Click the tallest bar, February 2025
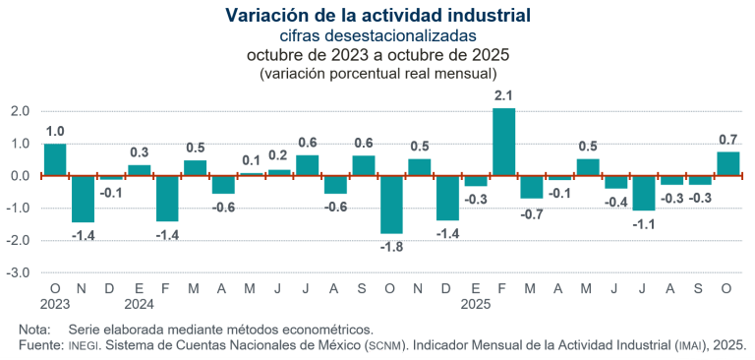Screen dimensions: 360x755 tap(503, 142)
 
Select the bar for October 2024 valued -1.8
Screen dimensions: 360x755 tap(391, 205)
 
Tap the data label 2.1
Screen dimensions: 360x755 tap(503, 94)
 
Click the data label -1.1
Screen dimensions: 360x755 tap(644, 224)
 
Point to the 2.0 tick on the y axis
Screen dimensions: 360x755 tap(20, 111)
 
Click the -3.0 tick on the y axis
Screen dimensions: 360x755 tap(19, 272)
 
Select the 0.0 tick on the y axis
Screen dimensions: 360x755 tap(20, 176)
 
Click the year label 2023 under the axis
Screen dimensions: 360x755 tap(55, 304)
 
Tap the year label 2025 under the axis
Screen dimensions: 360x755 tap(476, 304)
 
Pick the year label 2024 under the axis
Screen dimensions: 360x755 tap(140, 304)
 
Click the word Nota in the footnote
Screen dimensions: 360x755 tap(35, 329)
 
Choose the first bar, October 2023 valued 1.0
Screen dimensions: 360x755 tap(55, 159)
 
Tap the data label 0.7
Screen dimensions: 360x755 tap(728, 139)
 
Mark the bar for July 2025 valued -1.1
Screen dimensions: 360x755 tap(644, 193)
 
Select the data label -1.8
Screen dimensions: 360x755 tap(391, 247)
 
